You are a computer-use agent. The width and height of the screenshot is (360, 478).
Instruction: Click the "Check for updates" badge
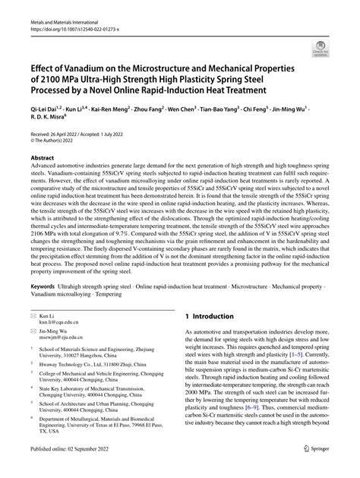pos(335,48)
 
